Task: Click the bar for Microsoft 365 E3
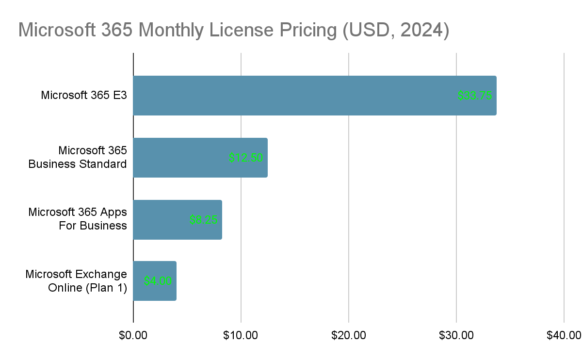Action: [291, 96]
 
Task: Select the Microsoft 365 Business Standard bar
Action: [184, 158]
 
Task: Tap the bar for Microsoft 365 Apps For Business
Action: [165, 220]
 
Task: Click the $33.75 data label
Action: [474, 96]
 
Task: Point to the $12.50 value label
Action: [246, 158]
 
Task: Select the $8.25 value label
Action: [203, 220]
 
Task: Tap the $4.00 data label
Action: [158, 281]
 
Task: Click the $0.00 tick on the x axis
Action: [133, 335]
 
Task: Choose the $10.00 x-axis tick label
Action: [241, 335]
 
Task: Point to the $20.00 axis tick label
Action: [349, 335]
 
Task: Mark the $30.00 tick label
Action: [456, 335]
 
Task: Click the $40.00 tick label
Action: [564, 335]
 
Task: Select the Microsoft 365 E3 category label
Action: [83, 95]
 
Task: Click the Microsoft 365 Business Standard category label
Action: [78, 157]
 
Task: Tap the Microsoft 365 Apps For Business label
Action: [78, 219]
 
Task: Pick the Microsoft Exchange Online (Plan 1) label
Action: [76, 281]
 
